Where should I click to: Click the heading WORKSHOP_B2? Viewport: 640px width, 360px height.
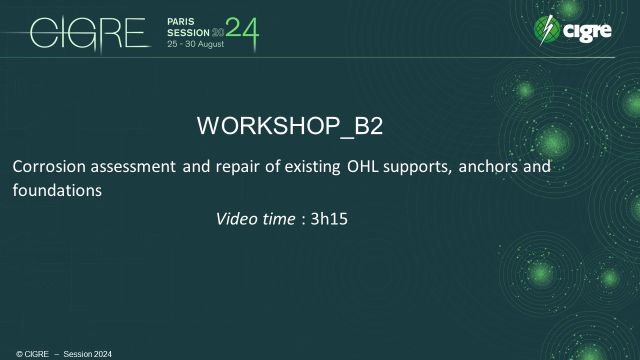click(x=291, y=126)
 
